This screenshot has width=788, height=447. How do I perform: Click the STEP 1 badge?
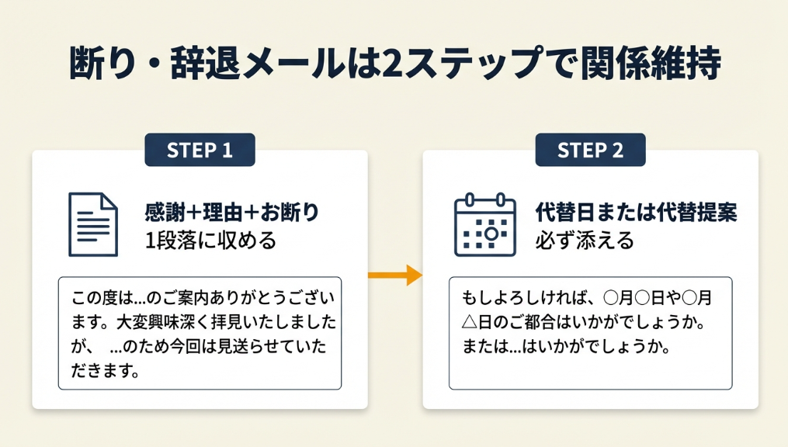(200, 150)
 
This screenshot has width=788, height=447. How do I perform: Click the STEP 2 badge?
(590, 150)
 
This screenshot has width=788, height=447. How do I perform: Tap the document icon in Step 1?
(93, 224)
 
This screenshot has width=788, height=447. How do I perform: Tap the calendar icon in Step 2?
(484, 224)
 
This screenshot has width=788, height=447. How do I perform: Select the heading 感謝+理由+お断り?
(232, 213)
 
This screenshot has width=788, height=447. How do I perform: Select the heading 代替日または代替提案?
(636, 213)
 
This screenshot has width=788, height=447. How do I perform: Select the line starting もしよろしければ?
(586, 298)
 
